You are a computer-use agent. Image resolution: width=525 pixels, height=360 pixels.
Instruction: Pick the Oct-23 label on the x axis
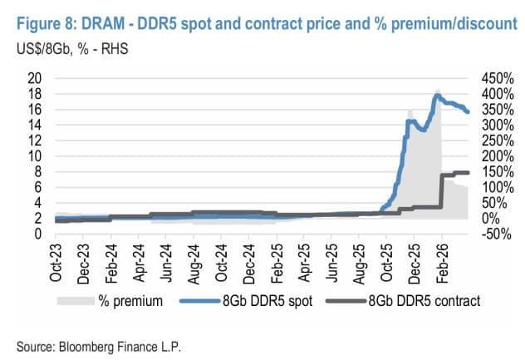tap(56, 264)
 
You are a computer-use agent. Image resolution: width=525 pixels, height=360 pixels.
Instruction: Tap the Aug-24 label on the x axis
tap(194, 264)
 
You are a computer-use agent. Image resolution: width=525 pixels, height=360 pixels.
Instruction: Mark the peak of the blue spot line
tap(437, 96)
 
